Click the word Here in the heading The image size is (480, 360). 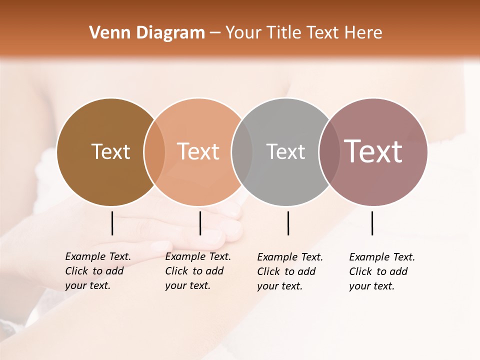click(x=363, y=33)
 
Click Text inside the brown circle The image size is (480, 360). click(x=110, y=151)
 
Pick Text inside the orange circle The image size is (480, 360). click(x=198, y=151)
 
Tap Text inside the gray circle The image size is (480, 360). click(x=285, y=151)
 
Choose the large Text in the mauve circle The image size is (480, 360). click(x=373, y=151)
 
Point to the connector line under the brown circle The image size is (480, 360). click(x=112, y=223)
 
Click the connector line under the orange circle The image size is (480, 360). click(x=200, y=223)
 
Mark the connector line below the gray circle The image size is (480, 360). click(x=288, y=223)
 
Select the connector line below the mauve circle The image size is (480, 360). click(x=372, y=223)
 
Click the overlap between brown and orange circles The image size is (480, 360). click(x=154, y=151)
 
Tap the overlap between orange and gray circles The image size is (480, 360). click(x=242, y=151)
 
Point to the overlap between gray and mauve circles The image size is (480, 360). click(x=329, y=151)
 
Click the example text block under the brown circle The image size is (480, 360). click(x=97, y=271)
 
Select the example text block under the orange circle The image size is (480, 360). click(x=197, y=271)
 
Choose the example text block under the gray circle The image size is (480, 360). click(x=289, y=271)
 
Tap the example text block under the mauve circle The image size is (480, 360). click(x=381, y=271)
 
